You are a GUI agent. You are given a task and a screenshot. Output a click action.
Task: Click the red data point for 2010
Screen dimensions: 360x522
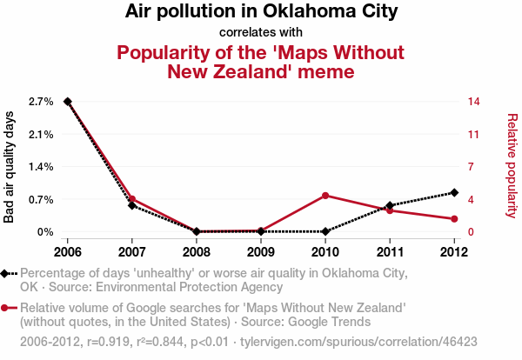point(325,196)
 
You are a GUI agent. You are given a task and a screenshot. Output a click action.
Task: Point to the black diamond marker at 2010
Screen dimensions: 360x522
point(325,231)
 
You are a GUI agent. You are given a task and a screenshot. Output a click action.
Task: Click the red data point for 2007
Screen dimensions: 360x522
point(132,199)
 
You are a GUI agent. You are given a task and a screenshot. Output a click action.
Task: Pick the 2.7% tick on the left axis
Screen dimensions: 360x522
point(40,102)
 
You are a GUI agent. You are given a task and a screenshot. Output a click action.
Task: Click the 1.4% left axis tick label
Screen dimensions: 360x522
point(40,167)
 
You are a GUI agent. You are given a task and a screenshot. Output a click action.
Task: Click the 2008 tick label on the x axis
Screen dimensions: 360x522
point(197,252)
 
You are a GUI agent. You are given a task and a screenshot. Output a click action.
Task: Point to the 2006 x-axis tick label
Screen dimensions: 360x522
point(68,252)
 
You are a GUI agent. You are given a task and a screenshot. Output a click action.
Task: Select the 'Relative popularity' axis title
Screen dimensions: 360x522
point(512,165)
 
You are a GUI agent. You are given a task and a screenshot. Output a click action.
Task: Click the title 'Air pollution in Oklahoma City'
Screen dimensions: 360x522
point(261,12)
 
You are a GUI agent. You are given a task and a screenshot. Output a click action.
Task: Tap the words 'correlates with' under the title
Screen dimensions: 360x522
point(261,33)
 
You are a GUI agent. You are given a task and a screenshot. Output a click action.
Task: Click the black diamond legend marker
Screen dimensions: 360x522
point(7,273)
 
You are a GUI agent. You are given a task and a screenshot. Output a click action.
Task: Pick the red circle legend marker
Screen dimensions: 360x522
point(7,308)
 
